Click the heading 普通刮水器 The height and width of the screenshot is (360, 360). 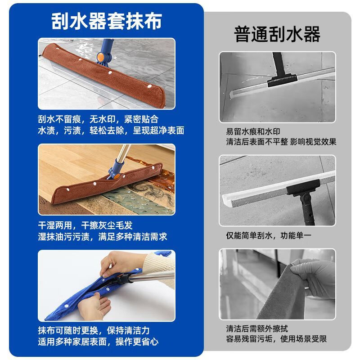(277, 34)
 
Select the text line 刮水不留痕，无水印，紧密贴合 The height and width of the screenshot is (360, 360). (98, 119)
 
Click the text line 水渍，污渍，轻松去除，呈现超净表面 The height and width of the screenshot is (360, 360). (111, 130)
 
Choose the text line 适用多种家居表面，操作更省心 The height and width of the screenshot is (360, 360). (98, 341)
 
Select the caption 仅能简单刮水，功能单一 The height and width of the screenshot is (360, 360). (268, 235)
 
